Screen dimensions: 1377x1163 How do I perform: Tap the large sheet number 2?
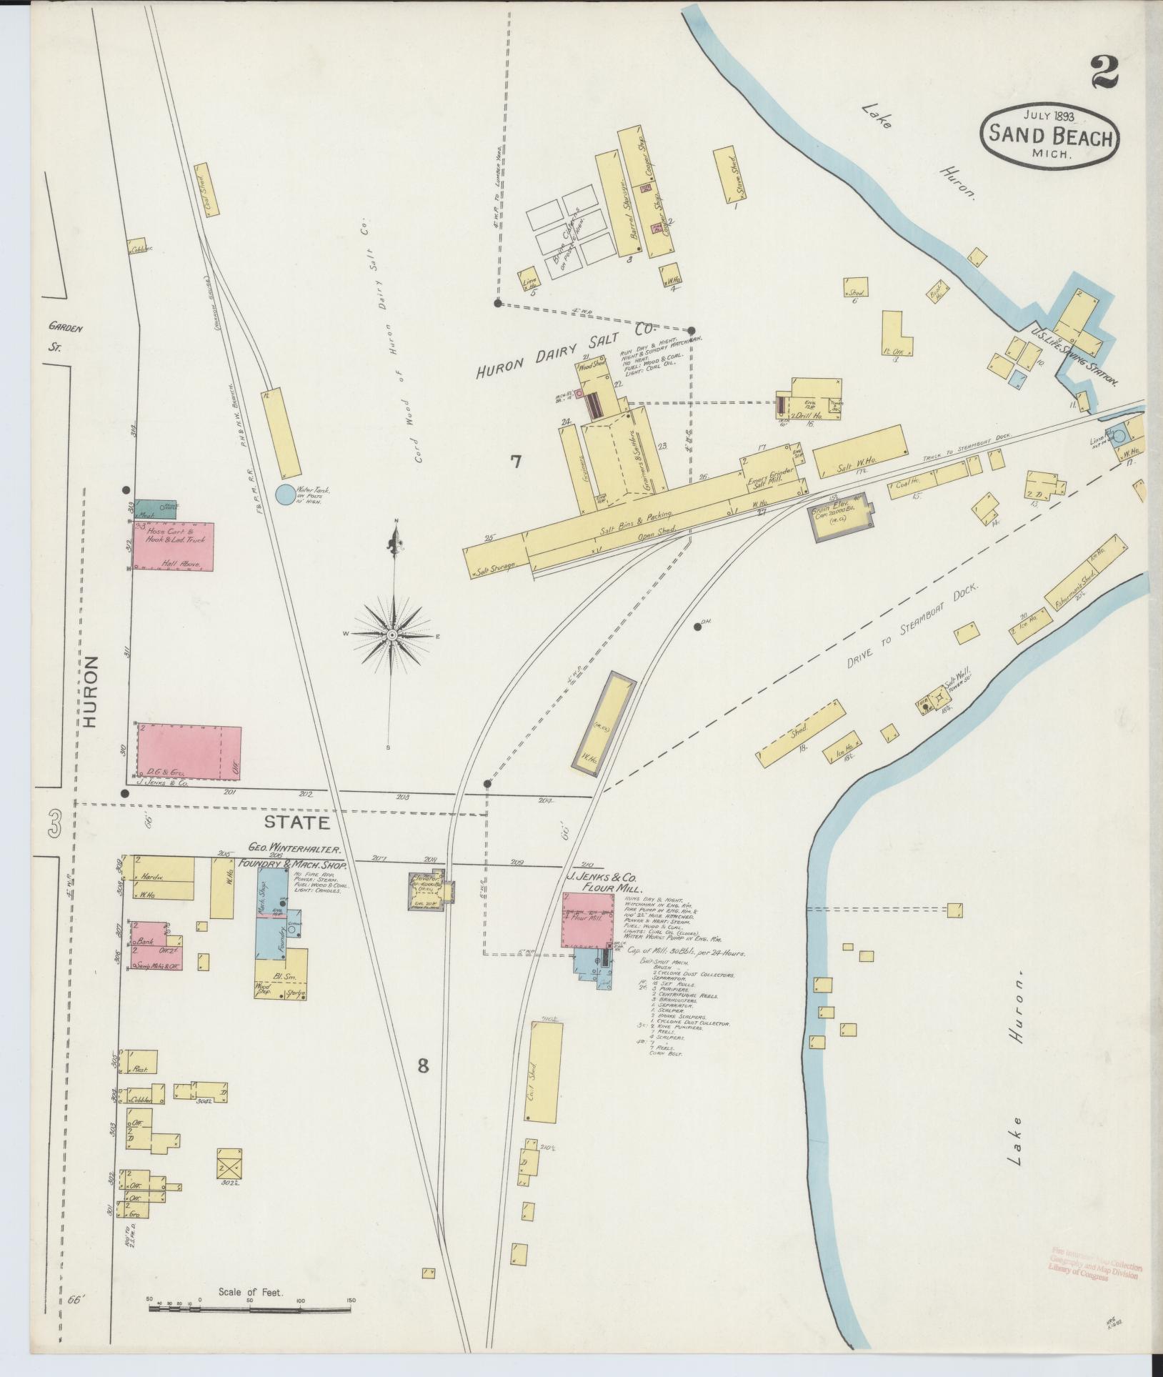click(x=1104, y=74)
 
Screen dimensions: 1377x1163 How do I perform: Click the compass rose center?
click(x=392, y=635)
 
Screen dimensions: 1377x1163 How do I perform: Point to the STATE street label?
click(x=298, y=822)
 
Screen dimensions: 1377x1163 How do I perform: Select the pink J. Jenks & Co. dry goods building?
click(x=188, y=752)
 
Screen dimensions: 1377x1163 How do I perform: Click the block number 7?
click(x=516, y=461)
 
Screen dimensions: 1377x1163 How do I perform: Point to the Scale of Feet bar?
click(x=251, y=1308)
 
